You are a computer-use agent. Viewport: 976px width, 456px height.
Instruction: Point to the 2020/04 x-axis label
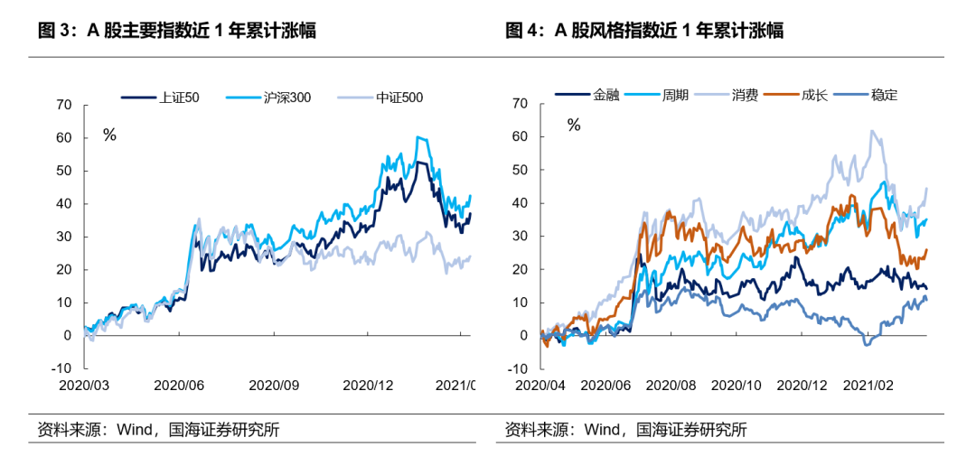[540, 384]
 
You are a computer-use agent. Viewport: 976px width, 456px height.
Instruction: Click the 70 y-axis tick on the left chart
[64, 105]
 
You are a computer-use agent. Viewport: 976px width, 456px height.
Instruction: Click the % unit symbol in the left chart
[109, 135]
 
